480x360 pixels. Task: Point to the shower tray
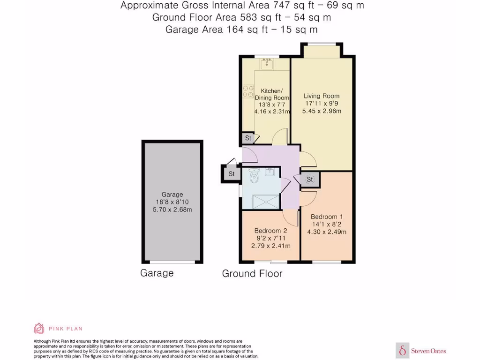click(x=266, y=202)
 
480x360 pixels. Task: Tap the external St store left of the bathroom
click(x=231, y=174)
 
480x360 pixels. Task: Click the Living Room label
click(x=321, y=96)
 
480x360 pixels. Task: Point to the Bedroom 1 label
click(x=327, y=217)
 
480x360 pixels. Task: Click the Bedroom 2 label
click(x=270, y=231)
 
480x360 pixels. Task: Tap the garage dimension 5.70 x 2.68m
click(x=172, y=210)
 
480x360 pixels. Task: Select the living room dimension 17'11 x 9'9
click(x=322, y=104)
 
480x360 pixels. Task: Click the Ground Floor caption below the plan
click(x=252, y=274)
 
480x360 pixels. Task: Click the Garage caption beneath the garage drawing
click(x=157, y=273)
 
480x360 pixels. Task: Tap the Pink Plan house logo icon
click(x=39, y=328)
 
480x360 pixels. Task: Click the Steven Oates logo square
click(x=402, y=350)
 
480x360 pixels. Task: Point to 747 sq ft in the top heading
click(x=281, y=6)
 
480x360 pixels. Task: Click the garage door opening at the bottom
click(x=172, y=262)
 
